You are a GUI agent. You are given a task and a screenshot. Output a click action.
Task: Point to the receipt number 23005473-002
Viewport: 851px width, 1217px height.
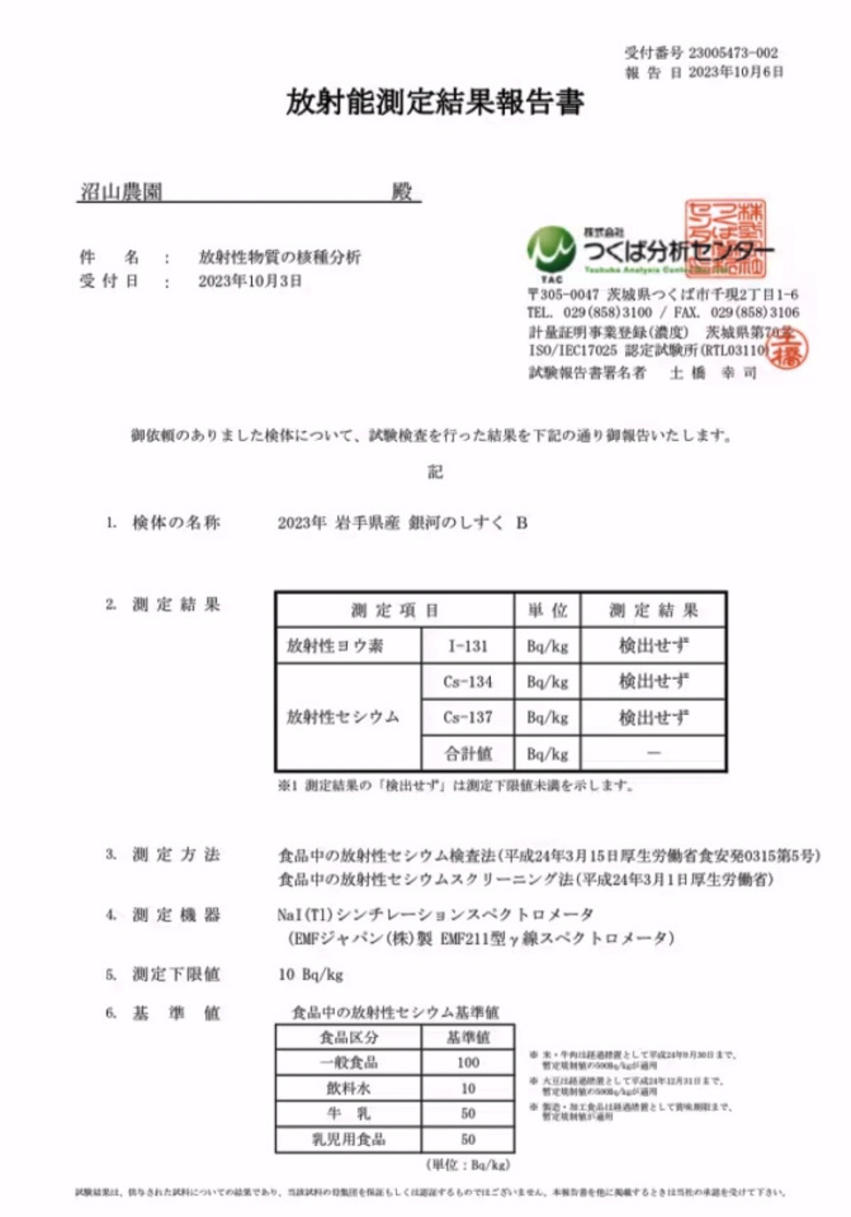[733, 53]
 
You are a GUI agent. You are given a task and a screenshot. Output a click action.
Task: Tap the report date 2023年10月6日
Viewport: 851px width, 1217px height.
[735, 72]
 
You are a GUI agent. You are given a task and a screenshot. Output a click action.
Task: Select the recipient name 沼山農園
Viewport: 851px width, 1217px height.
[121, 193]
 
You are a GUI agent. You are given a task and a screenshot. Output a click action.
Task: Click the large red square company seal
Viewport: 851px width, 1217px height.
[725, 239]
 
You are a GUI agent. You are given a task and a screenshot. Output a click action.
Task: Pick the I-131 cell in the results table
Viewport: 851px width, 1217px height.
[468, 646]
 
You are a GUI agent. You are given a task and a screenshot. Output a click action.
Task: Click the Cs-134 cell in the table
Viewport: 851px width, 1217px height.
[468, 682]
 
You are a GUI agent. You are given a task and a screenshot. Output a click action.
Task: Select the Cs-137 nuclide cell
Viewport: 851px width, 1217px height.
[468, 718]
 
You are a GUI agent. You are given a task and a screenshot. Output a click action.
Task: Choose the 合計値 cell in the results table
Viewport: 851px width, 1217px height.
[468, 754]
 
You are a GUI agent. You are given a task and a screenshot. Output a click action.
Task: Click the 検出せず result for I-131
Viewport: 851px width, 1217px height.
[654, 646]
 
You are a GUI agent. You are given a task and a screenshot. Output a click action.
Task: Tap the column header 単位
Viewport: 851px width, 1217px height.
[548, 610]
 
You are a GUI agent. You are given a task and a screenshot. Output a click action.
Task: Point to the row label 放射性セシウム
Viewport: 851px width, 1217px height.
[343, 717]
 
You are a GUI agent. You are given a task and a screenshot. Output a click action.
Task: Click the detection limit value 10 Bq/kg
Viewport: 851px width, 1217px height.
[310, 975]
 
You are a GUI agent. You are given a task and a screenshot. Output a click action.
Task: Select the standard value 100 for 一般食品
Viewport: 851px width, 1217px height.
[468, 1063]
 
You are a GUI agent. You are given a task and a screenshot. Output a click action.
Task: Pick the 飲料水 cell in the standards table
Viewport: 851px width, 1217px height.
[348, 1089]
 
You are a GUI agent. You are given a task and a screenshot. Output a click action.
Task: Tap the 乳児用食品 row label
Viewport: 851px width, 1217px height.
[348, 1140]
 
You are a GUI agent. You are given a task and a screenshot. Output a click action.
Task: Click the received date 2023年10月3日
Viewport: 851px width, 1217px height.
[250, 281]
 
